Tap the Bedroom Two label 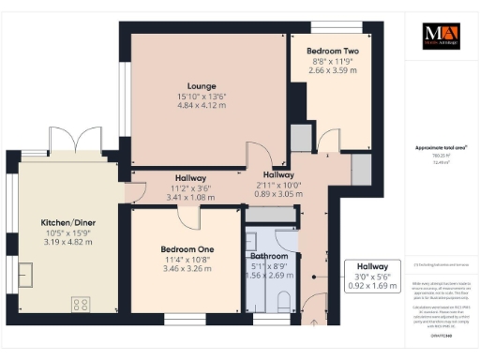(x=332, y=51)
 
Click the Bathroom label (x=269, y=256)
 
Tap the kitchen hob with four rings (x=81, y=304)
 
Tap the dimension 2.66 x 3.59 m (x=332, y=70)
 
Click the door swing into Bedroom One (x=190, y=217)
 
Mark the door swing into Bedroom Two (x=327, y=142)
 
